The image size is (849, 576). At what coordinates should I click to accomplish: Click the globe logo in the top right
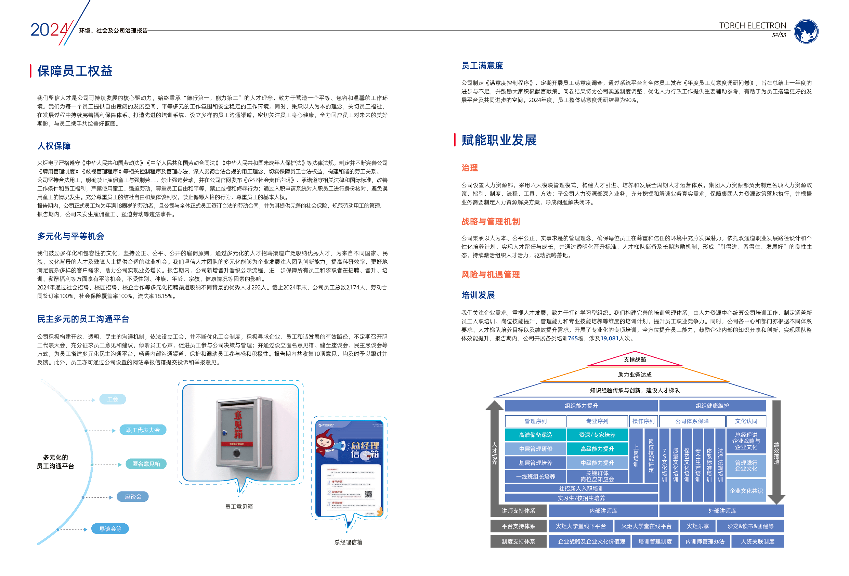[806, 31]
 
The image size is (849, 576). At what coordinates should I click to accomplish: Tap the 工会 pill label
[113, 399]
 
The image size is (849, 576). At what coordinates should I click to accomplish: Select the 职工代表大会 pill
[143, 430]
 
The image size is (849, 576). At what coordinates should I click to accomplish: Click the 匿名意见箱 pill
[146, 464]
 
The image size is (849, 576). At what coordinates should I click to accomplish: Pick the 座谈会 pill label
[133, 497]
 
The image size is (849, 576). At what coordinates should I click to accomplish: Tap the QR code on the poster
[368, 494]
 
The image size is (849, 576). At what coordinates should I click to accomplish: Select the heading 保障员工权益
[75, 71]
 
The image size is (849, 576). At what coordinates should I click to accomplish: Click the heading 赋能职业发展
[499, 140]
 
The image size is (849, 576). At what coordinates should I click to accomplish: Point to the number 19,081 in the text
[609, 339]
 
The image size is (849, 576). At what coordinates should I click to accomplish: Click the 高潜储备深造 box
[536, 435]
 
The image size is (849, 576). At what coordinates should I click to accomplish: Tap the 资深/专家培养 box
[597, 435]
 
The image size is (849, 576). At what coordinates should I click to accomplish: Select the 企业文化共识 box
[746, 491]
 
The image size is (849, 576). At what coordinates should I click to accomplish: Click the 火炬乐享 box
[698, 526]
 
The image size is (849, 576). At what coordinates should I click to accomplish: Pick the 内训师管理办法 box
[705, 542]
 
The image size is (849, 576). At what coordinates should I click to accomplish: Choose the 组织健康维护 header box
[713, 406]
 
